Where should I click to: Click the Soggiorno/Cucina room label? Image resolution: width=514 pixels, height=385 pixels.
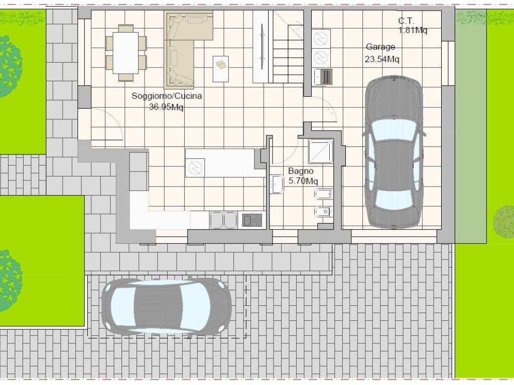click(x=167, y=96)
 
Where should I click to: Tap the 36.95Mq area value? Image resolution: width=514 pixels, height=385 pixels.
click(x=166, y=107)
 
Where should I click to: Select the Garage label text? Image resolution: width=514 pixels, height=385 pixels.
click(x=380, y=47)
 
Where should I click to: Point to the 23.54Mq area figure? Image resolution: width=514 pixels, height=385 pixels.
click(x=382, y=59)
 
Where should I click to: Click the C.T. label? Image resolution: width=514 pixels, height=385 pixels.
click(x=406, y=21)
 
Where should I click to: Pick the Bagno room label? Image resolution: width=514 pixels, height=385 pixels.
click(x=301, y=171)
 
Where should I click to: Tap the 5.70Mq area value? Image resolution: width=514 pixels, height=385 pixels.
click(x=303, y=180)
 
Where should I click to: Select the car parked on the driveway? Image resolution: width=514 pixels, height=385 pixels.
click(x=167, y=306)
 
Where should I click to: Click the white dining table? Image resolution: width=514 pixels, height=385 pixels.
click(x=126, y=53)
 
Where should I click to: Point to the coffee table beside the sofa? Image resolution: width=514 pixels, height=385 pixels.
click(x=221, y=69)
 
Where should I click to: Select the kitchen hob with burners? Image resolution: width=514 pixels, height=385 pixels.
click(x=252, y=220)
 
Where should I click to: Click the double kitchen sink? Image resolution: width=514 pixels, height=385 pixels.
click(x=223, y=220)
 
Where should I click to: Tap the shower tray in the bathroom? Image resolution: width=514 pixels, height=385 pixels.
click(x=321, y=151)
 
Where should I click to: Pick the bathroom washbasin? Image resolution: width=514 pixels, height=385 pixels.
click(x=277, y=184)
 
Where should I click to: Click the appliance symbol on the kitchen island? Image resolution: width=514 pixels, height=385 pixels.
click(x=195, y=168)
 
